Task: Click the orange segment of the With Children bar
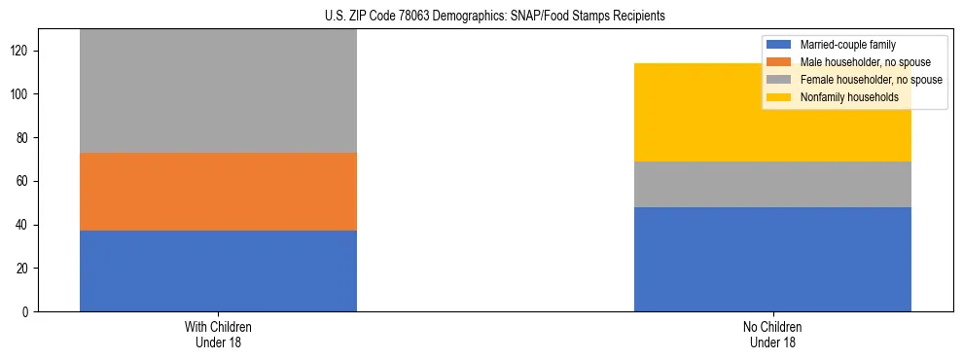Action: coord(218,192)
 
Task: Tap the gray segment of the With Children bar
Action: coord(218,91)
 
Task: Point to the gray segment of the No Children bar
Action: coord(772,184)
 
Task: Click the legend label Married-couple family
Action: coord(847,45)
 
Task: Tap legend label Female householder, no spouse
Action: coord(871,80)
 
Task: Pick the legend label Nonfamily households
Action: coord(849,97)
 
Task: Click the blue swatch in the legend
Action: coord(779,45)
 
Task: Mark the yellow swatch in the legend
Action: coord(779,97)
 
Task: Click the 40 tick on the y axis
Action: coord(30,225)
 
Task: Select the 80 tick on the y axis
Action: coord(30,138)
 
